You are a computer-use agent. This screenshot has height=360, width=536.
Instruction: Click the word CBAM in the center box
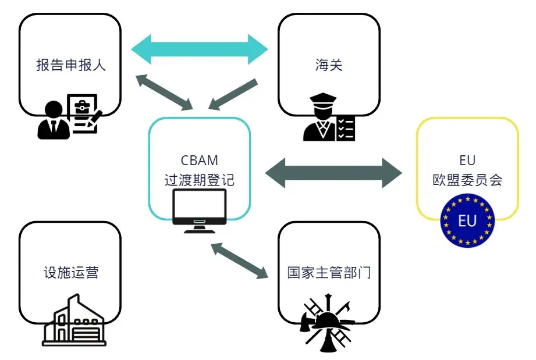200,161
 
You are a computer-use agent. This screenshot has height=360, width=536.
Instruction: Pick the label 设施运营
70,272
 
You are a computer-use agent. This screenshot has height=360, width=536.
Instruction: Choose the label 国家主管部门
329,272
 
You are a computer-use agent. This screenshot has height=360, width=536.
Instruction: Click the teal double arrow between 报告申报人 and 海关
200,49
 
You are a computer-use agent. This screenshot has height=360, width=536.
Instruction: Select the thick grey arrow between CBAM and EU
333,172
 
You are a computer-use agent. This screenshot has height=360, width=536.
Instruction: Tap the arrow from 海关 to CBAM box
233,94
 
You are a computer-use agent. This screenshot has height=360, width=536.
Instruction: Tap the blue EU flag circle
467,221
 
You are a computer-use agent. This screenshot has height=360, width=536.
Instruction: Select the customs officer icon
320,120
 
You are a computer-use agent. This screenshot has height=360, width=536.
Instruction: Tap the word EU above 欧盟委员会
467,161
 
